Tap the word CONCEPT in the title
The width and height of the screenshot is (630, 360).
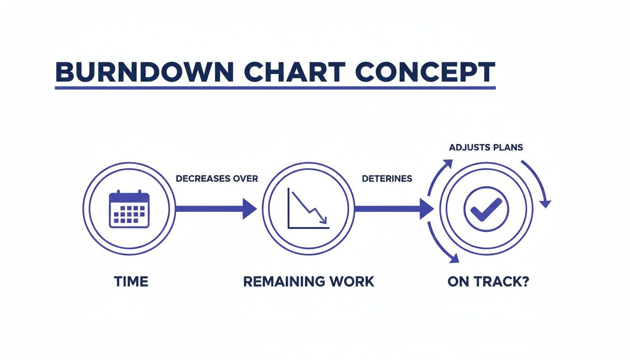pyautogui.click(x=425, y=72)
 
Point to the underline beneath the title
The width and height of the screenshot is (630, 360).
pyautogui.click(x=275, y=88)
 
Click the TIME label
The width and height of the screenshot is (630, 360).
pyautogui.click(x=131, y=282)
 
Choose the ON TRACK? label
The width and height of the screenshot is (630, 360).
pyautogui.click(x=488, y=282)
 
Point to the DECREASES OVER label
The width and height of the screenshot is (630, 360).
pyautogui.click(x=217, y=179)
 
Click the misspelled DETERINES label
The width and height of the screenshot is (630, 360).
pyautogui.click(x=387, y=179)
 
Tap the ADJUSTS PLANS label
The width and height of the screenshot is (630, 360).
pyautogui.click(x=486, y=147)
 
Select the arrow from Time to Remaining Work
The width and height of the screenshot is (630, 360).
pyautogui.click(x=216, y=209)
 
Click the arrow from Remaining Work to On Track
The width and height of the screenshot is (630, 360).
pyautogui.click(x=394, y=209)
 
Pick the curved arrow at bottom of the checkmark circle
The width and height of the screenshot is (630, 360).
pyautogui.click(x=441, y=246)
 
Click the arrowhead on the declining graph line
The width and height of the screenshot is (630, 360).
pyautogui.click(x=323, y=218)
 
